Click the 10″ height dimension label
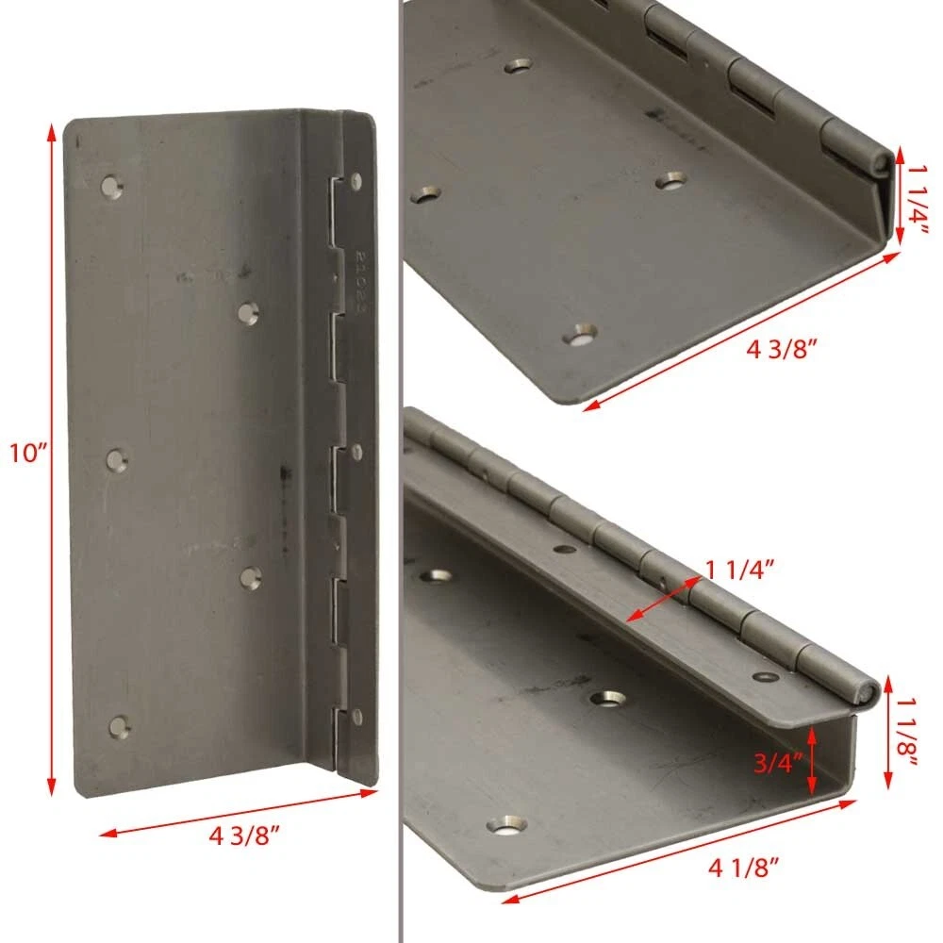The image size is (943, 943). click(28, 453)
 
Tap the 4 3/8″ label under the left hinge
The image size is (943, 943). click(244, 835)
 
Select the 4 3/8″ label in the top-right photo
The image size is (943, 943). click(782, 349)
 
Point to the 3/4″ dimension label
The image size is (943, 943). click(778, 763)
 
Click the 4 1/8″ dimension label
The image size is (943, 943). click(743, 868)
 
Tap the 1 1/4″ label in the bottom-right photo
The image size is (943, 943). click(739, 570)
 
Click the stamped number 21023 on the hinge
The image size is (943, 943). click(359, 282)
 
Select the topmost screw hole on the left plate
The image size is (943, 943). click(112, 187)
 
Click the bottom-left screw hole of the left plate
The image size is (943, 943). click(120, 726)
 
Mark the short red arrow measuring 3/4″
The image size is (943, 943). click(813, 761)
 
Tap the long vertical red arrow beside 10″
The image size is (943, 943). click(52, 459)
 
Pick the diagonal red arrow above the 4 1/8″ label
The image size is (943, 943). click(679, 851)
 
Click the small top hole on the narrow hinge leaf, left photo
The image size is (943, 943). click(356, 180)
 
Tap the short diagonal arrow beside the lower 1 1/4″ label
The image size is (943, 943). click(664, 599)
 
